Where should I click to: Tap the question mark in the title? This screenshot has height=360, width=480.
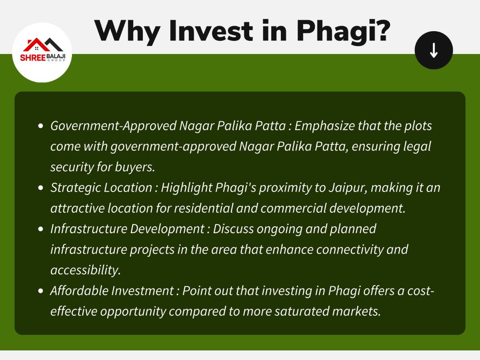click(382, 30)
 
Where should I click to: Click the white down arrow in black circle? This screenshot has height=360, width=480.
click(434, 50)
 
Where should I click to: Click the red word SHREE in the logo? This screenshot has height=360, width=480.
click(33, 58)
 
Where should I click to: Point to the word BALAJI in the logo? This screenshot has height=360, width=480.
click(56, 56)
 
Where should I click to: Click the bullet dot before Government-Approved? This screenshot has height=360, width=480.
click(40, 126)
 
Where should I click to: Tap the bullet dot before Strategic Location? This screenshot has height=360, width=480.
click(40, 188)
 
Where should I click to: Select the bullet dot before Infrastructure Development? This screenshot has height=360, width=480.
click(40, 229)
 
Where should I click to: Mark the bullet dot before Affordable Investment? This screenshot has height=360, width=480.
click(40, 291)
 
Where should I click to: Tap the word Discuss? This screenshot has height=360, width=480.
click(233, 229)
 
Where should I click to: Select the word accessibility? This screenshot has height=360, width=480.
click(86, 270)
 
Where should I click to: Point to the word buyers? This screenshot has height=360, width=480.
click(135, 168)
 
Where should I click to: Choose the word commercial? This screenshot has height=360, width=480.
click(294, 208)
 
